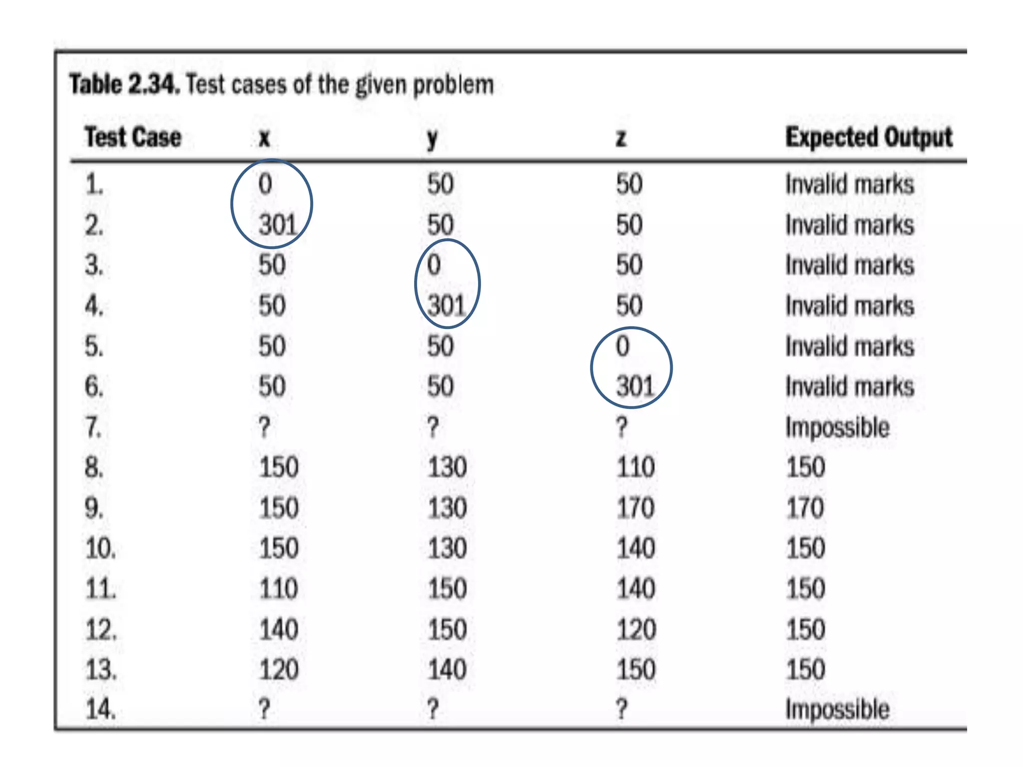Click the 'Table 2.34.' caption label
(x=124, y=84)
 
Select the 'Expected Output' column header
(x=869, y=137)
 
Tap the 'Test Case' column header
(x=133, y=137)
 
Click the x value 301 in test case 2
(x=278, y=225)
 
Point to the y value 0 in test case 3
(x=434, y=265)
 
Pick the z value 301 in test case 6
(x=634, y=386)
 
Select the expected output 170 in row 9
(x=805, y=508)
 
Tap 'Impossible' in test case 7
(x=837, y=427)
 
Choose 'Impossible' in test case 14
(x=837, y=709)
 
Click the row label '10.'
(x=100, y=549)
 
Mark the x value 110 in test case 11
(x=278, y=589)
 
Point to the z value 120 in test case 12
(x=635, y=629)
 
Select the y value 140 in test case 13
(x=447, y=670)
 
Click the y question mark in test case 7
(x=433, y=427)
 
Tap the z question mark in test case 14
(x=621, y=709)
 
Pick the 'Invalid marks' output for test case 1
(x=849, y=184)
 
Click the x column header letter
(x=264, y=138)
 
